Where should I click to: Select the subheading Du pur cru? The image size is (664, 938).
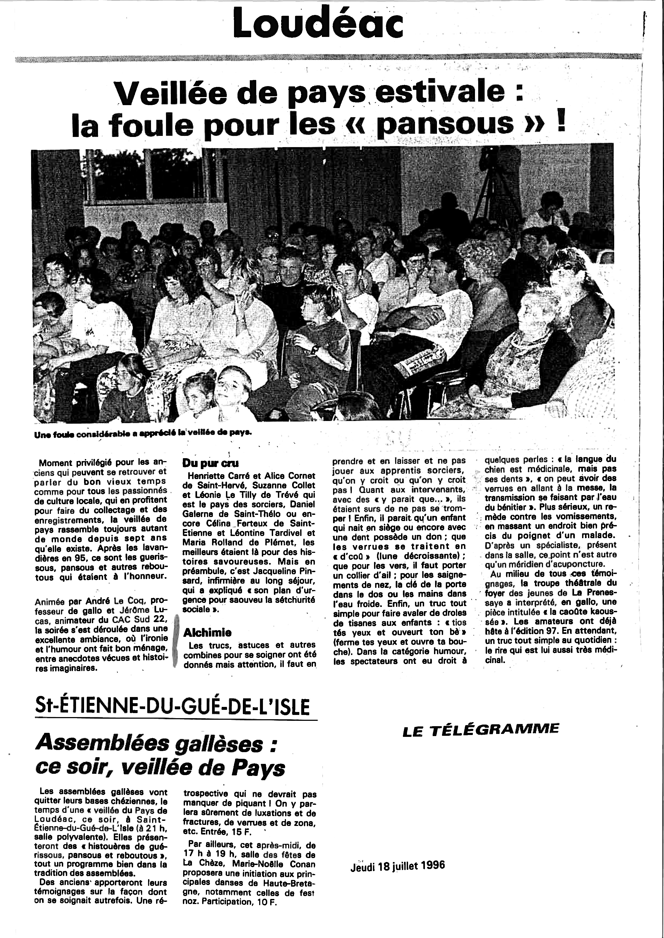(210, 463)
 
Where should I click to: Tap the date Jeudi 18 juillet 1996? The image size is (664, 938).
(397, 865)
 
